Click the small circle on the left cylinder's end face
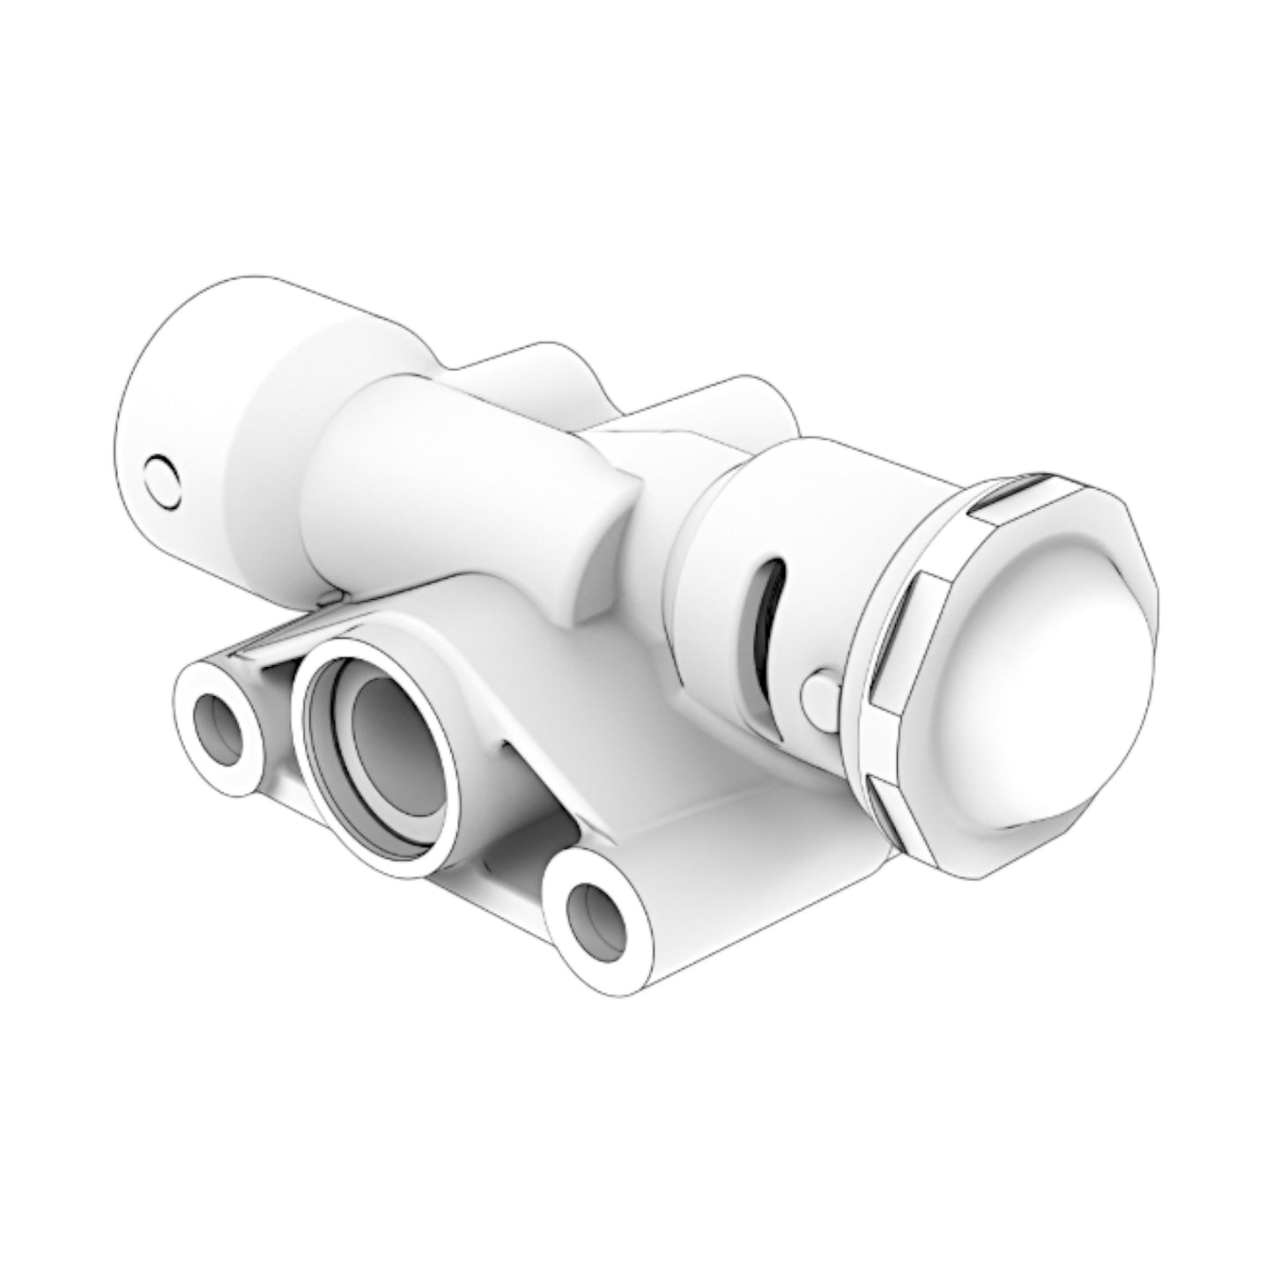point(163,482)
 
